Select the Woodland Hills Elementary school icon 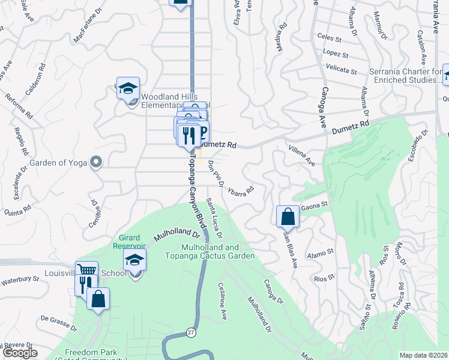[x=128, y=88]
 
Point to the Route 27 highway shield [x=191, y=332]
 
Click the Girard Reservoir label [x=129, y=242]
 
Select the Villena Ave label [x=301, y=155]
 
